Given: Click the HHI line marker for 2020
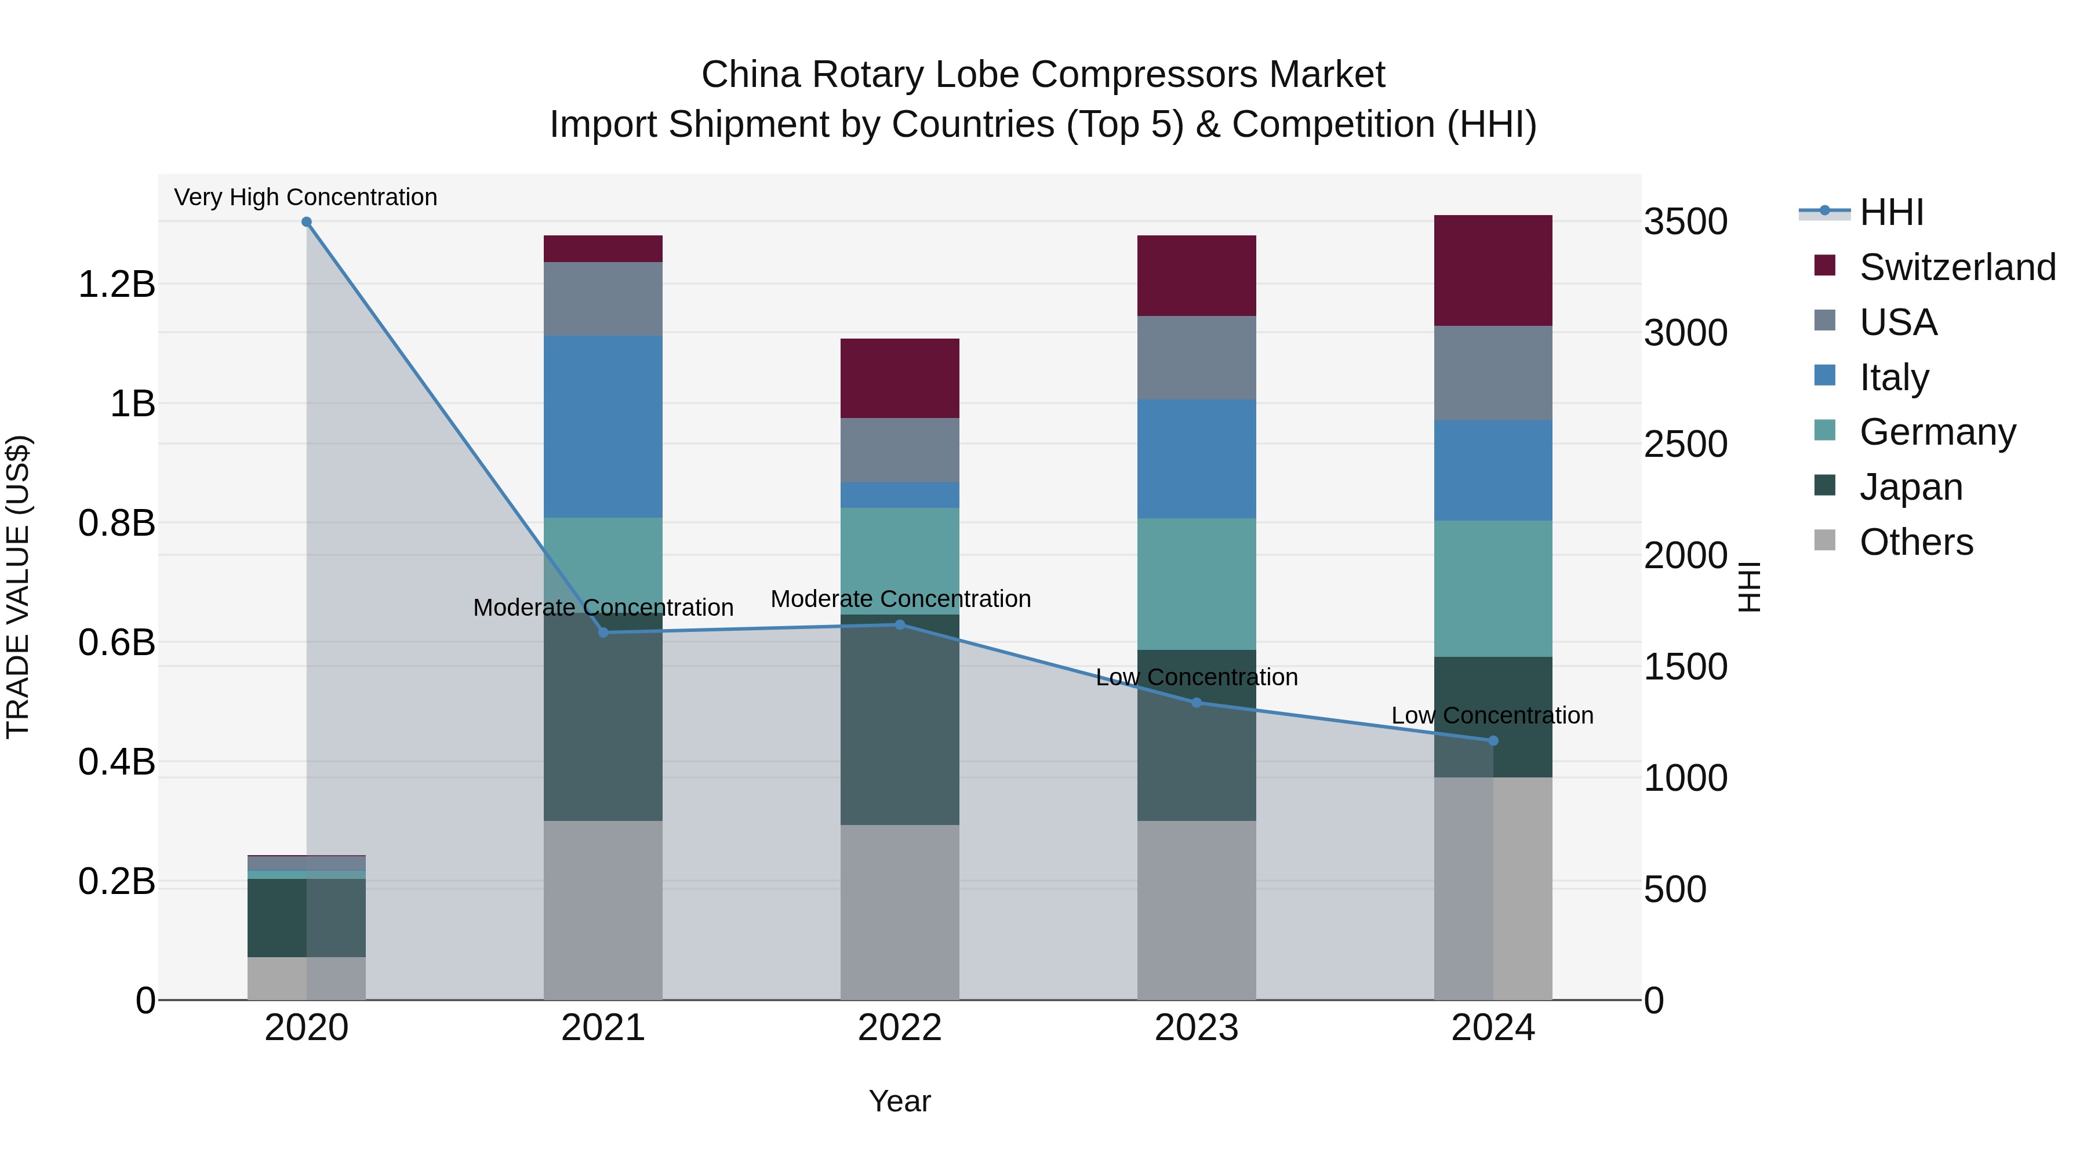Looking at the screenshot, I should point(306,222).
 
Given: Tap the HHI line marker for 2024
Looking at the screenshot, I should point(1493,740).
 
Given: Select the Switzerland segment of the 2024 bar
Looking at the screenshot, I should point(1493,271).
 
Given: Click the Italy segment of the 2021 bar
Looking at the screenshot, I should point(603,426).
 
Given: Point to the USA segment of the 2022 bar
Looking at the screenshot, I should point(899,450).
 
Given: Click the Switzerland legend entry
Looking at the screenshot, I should point(1957,267).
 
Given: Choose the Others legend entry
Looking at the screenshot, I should point(1915,542).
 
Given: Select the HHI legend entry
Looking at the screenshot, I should point(1891,212).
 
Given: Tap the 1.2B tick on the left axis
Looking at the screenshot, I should point(116,285).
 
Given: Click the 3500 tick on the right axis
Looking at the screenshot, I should point(1685,222).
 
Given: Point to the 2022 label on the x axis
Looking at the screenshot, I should point(899,1028).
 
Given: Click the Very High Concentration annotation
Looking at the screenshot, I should point(306,197).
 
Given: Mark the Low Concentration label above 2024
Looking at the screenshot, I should point(1492,715).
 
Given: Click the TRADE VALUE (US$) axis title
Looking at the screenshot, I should point(18,587).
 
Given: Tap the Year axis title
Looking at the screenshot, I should point(899,1101).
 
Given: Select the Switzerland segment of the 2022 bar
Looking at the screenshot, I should point(899,379).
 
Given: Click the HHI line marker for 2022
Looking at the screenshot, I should point(899,624).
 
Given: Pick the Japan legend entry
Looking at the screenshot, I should point(1910,487).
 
